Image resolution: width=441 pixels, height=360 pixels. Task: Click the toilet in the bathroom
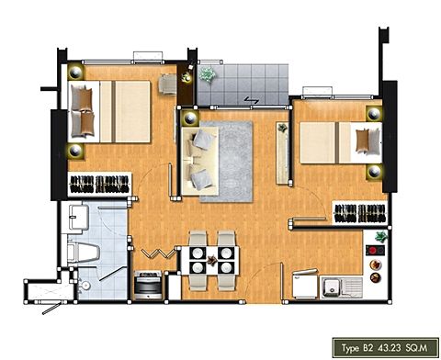click(x=84, y=253)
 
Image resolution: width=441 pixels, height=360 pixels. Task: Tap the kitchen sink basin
click(x=331, y=287)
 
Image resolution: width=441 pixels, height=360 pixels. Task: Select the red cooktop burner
click(x=372, y=251)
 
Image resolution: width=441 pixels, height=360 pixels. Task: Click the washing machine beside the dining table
click(x=148, y=284)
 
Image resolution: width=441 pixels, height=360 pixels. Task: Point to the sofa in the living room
click(x=200, y=161)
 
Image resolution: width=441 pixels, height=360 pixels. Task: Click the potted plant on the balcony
click(x=208, y=74)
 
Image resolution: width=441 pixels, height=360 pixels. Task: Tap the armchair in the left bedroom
click(x=168, y=84)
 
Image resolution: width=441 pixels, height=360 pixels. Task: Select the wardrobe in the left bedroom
click(x=99, y=184)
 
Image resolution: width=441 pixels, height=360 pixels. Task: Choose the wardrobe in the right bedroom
click(x=359, y=213)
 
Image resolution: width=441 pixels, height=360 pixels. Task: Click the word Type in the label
click(x=350, y=348)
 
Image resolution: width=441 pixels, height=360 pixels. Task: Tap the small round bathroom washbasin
click(x=85, y=286)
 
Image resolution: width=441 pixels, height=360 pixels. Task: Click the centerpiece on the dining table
click(x=211, y=260)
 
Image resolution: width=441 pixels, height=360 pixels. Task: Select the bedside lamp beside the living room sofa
click(x=190, y=118)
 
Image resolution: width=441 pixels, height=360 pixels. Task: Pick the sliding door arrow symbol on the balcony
click(x=252, y=100)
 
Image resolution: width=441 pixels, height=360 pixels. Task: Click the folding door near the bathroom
click(x=159, y=253)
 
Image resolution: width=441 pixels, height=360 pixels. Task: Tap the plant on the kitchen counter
click(x=381, y=237)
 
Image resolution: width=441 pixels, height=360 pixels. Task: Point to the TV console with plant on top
click(x=282, y=153)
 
